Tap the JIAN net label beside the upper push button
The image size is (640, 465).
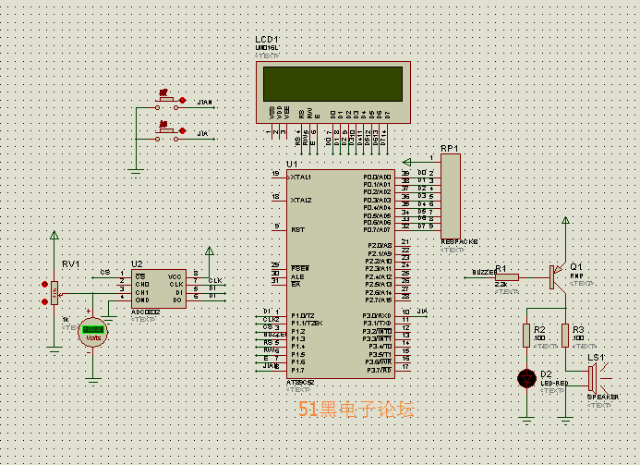pos(205,101)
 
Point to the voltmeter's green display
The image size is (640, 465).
pos(92,329)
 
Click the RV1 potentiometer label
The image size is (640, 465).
pos(70,264)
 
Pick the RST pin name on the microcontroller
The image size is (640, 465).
pos(297,228)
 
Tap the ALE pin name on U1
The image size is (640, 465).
pos(296,275)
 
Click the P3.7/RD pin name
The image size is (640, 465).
pos(380,370)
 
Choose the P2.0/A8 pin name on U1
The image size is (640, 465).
pos(380,245)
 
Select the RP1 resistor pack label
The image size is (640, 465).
pos(449,148)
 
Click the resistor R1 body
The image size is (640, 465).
pos(507,275)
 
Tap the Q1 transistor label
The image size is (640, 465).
pos(576,265)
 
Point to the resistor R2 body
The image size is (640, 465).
pos(526,335)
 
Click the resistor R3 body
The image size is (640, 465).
pos(565,335)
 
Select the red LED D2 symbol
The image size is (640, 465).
pos(526,377)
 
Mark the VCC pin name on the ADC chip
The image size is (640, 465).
pos(174,275)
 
